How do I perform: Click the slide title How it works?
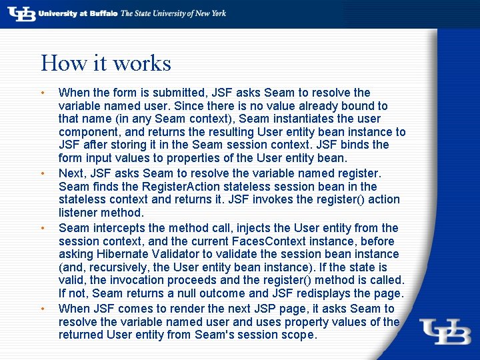coord(106,63)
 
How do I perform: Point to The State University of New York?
coord(173,13)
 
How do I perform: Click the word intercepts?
coord(116,228)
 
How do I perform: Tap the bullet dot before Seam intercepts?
coord(43,228)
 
